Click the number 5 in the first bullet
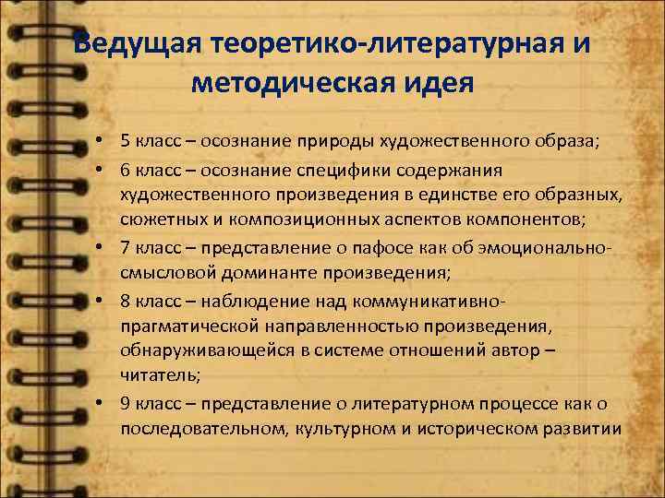124,141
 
